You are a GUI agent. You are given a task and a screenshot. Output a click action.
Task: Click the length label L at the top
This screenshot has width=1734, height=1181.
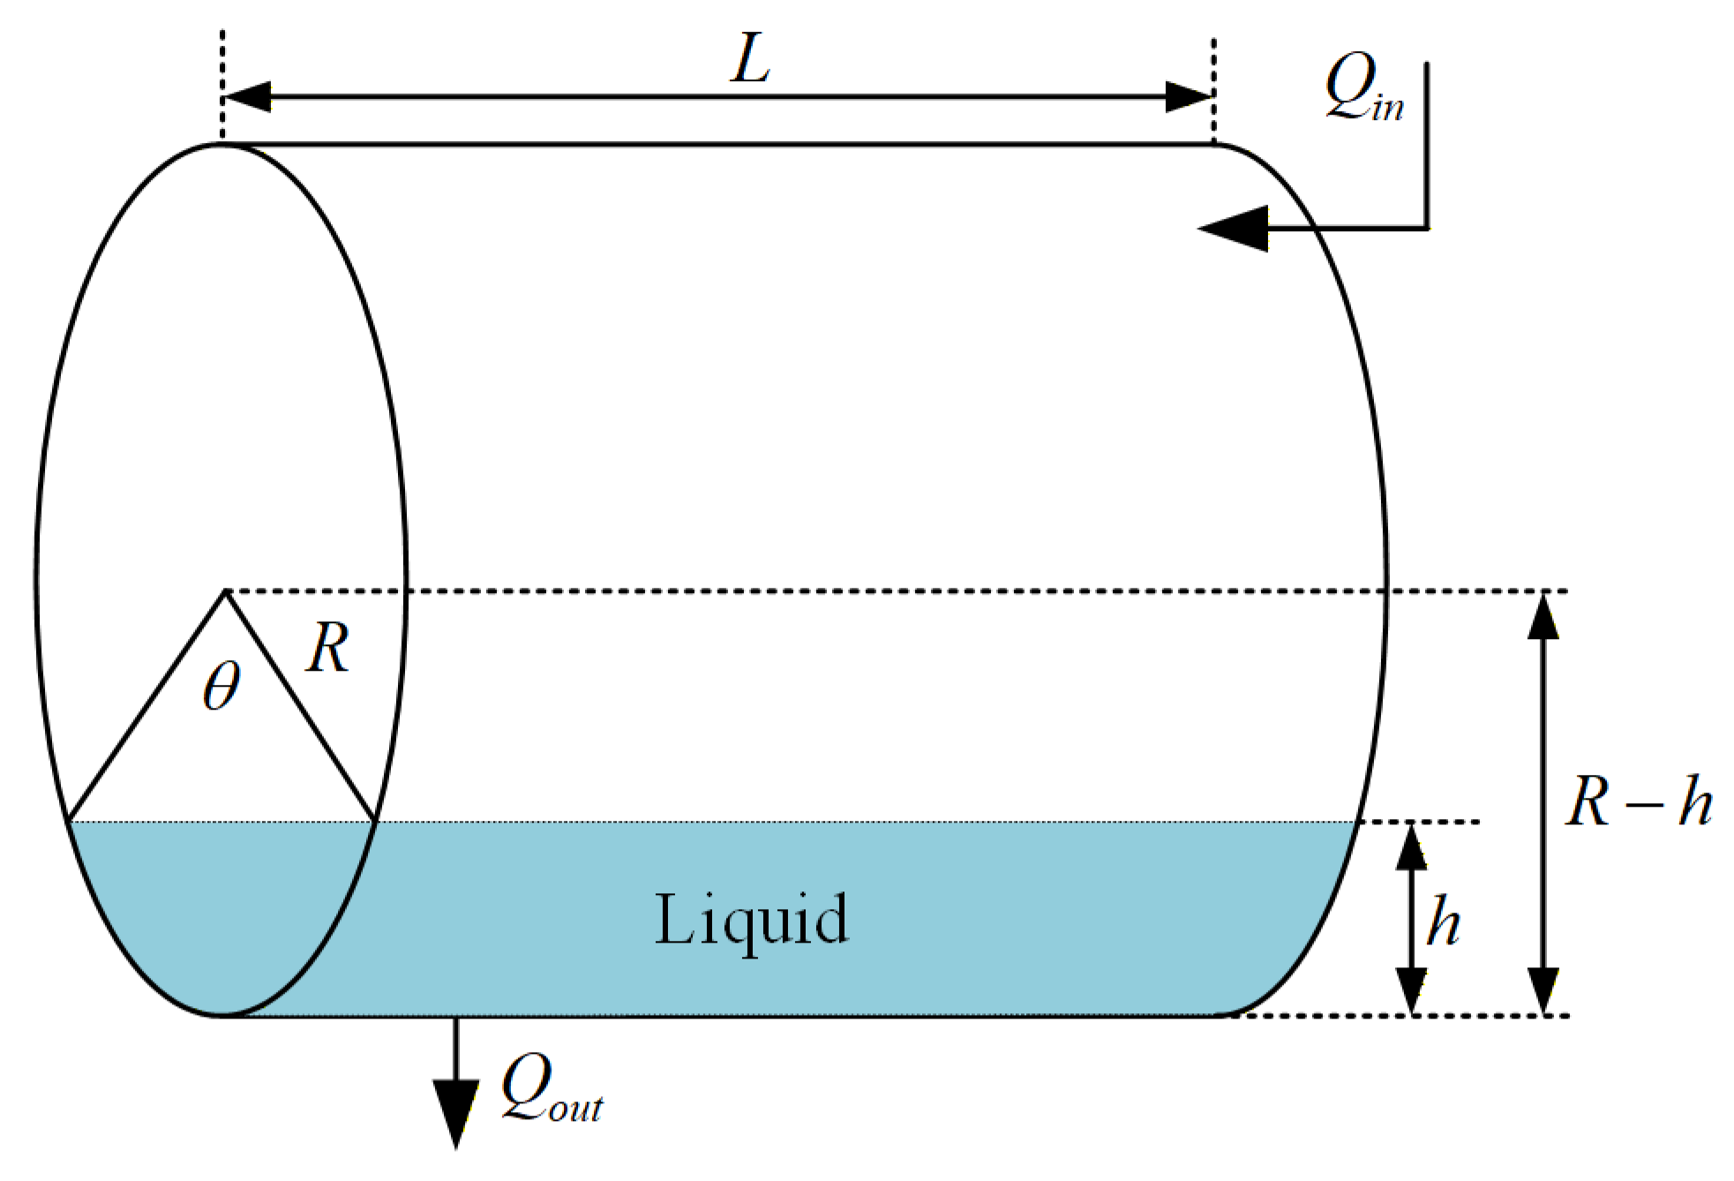pos(751,60)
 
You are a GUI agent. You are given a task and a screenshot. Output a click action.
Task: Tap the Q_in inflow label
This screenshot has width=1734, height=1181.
pos(1363,87)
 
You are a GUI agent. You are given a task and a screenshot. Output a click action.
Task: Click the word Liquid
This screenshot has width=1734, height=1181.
pos(751,921)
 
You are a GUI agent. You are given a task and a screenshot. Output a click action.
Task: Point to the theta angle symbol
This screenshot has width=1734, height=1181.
pos(221,686)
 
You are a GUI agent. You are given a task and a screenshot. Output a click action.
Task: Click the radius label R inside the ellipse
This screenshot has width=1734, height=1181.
pos(328,649)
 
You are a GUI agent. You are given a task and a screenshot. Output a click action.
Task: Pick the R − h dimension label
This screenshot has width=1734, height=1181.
pos(1638,801)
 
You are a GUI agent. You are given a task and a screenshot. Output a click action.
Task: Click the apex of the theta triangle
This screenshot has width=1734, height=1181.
pos(226,591)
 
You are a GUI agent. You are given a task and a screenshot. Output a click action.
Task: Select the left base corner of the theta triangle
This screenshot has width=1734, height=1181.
pos(69,821)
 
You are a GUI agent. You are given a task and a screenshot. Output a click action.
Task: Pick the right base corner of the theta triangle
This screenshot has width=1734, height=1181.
pos(376,821)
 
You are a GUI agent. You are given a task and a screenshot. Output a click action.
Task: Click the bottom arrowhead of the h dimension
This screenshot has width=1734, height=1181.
pos(1411,990)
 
